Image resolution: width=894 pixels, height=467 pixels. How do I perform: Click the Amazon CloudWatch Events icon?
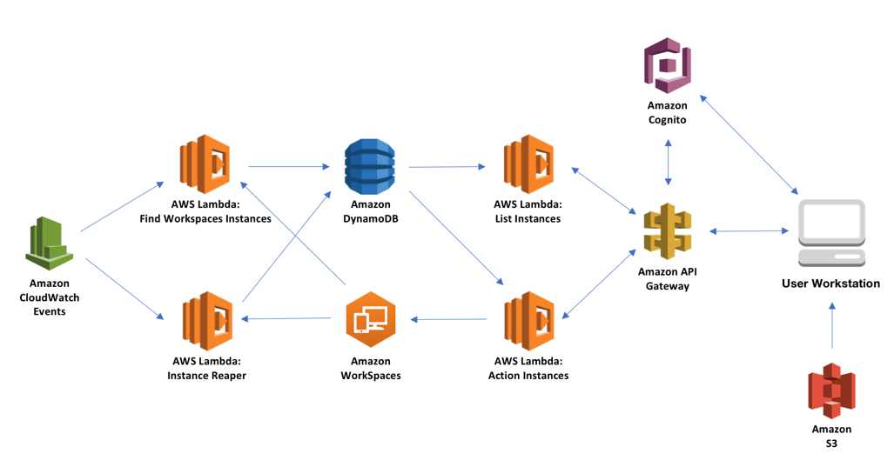(50, 244)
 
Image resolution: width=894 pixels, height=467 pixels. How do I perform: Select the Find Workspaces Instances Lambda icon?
(205, 164)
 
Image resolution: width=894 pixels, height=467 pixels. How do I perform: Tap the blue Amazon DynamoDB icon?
(369, 167)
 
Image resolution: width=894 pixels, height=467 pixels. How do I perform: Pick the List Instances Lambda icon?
(528, 164)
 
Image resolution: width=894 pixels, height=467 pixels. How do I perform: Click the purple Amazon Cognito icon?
(668, 65)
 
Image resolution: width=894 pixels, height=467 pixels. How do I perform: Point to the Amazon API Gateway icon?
(668, 231)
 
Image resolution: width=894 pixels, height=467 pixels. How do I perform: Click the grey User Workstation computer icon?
(832, 233)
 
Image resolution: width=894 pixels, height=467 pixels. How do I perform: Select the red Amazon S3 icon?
(832, 390)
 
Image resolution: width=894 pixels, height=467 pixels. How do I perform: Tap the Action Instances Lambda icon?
(529, 321)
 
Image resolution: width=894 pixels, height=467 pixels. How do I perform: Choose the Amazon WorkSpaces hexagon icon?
(371, 319)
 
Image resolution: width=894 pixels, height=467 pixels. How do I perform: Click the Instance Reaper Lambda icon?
(207, 321)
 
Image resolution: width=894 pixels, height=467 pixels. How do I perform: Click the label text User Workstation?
(830, 283)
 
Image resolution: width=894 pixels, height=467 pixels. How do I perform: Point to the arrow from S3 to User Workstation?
(832, 325)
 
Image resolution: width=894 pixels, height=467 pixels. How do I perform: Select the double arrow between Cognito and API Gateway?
(669, 163)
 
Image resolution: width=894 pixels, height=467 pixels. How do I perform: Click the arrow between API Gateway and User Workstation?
(749, 231)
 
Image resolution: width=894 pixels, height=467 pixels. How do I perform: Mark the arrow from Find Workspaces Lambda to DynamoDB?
(289, 167)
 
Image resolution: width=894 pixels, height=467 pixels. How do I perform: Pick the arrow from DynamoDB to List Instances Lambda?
(447, 167)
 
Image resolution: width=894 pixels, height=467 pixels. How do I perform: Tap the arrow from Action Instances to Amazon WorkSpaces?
(448, 319)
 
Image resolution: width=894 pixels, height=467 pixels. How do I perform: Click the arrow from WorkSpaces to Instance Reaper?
(286, 319)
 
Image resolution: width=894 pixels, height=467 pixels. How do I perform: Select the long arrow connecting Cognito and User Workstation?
(749, 144)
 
